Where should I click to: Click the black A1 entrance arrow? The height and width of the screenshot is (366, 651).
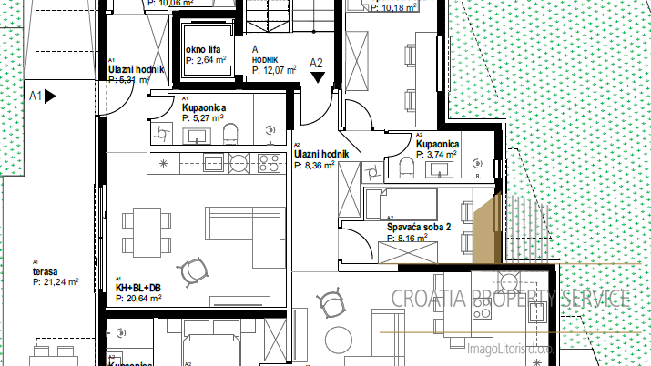coord(50,94)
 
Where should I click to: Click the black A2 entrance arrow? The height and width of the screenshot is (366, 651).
coord(318,77)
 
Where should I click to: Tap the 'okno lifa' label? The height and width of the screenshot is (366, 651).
coord(202,50)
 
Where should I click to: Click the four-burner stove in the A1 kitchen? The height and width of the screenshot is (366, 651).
coord(268,164)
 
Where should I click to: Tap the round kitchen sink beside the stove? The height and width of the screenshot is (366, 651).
coord(239,164)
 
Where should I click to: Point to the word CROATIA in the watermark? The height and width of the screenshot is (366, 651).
coord(429,298)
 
